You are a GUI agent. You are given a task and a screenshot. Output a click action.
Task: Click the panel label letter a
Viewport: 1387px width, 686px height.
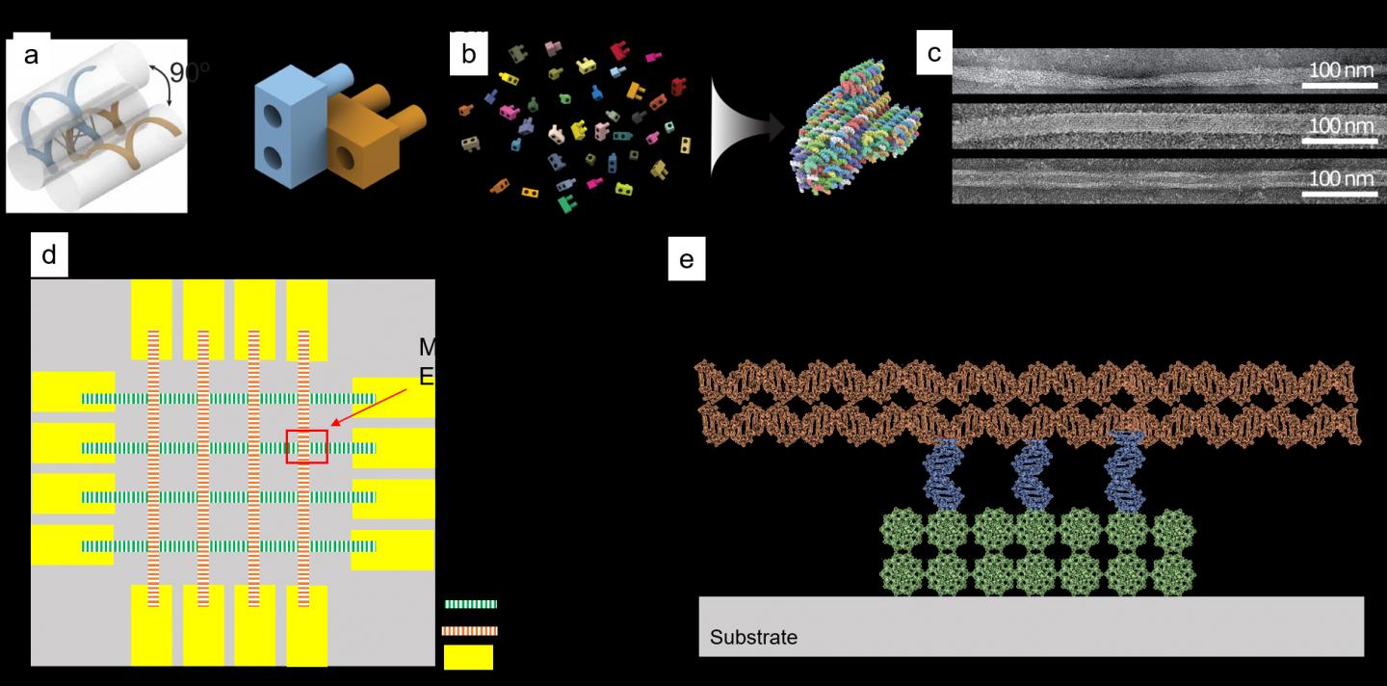[x=31, y=55]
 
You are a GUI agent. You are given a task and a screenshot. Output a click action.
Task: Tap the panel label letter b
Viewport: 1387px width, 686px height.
[x=468, y=55]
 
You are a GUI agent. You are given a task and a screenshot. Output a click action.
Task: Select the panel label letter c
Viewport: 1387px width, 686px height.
[x=933, y=54]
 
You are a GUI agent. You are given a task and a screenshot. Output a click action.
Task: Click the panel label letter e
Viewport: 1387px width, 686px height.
[x=686, y=261]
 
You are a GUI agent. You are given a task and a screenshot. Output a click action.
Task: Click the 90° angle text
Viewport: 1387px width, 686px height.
[x=190, y=73]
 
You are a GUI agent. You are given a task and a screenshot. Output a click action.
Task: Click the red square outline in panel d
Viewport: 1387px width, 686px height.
[x=307, y=447]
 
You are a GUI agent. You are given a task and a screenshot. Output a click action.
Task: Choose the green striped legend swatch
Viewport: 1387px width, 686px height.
[x=470, y=604]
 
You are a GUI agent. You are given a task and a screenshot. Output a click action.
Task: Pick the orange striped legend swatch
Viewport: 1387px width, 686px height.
[x=470, y=631]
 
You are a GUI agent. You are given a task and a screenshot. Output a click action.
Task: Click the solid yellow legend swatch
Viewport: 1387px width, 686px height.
[x=468, y=657]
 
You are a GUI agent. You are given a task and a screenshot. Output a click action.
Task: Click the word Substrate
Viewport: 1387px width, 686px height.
[x=753, y=638]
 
